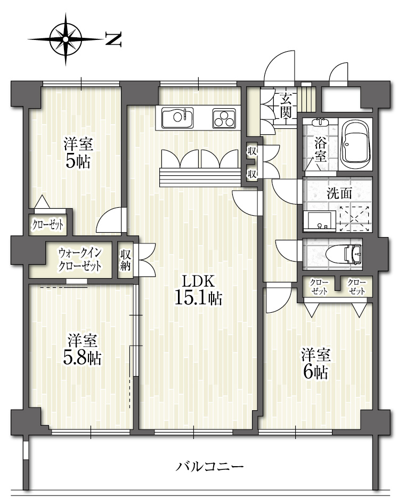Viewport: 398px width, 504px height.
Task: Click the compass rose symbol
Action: tap(66, 39)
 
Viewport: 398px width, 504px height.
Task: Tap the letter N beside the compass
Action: tap(113, 39)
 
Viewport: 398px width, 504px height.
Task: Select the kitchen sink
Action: tap(177, 117)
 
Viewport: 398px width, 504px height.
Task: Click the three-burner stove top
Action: tap(224, 118)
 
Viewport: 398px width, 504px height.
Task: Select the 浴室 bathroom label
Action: tap(320, 150)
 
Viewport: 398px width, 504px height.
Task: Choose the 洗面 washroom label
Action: tap(339, 193)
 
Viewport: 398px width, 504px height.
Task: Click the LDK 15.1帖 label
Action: tap(198, 290)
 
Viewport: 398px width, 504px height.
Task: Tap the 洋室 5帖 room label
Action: tap(78, 152)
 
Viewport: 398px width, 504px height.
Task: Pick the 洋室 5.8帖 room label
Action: tap(82, 349)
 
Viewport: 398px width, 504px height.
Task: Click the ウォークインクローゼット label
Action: tap(79, 259)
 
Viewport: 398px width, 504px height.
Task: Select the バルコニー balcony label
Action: tap(209, 466)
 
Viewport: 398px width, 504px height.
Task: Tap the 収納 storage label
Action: tap(126, 260)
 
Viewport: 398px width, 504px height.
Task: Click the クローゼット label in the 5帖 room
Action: tap(47, 225)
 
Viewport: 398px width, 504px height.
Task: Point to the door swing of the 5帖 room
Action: tap(109, 220)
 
